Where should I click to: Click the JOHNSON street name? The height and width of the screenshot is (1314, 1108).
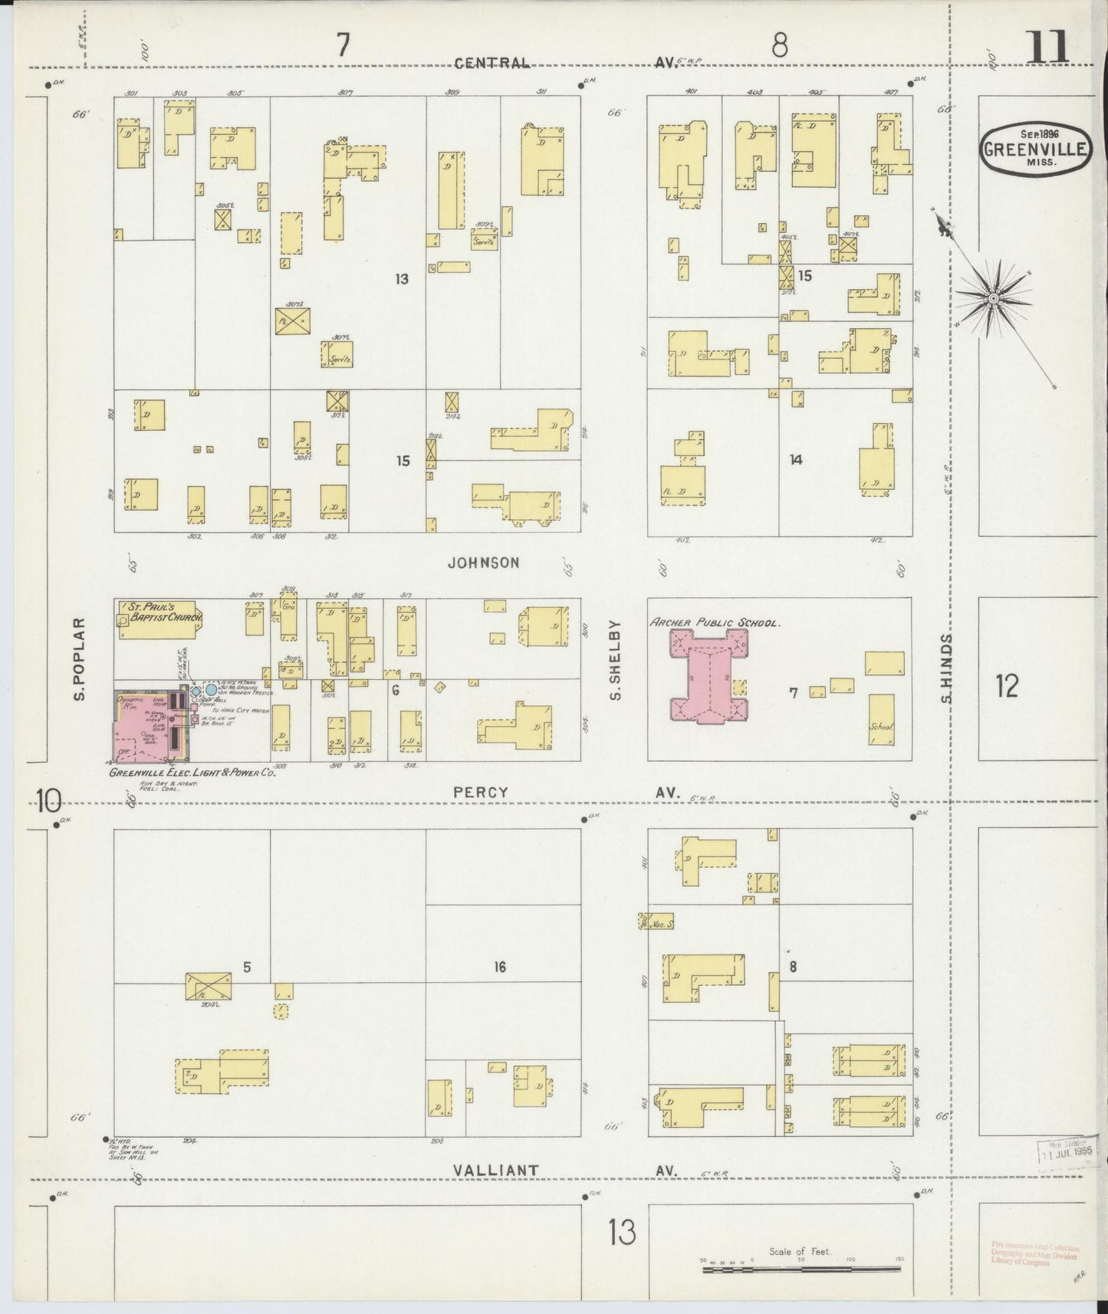(x=484, y=562)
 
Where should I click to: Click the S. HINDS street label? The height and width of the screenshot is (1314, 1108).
(x=946, y=668)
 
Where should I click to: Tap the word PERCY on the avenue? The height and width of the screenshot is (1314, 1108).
(x=480, y=793)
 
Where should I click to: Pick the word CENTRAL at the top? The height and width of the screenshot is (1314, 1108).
(x=491, y=63)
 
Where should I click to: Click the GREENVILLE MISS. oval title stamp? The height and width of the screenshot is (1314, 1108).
(x=1035, y=149)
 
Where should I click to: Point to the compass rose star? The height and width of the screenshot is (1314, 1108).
(x=994, y=298)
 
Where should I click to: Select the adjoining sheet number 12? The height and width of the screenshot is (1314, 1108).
(x=1007, y=686)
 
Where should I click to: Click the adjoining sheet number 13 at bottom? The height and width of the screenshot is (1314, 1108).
(x=622, y=1234)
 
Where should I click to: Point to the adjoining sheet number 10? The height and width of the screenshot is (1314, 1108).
(x=48, y=802)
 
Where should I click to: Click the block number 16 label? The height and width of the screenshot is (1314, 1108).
(x=500, y=967)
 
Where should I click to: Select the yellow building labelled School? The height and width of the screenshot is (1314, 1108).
(x=881, y=719)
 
